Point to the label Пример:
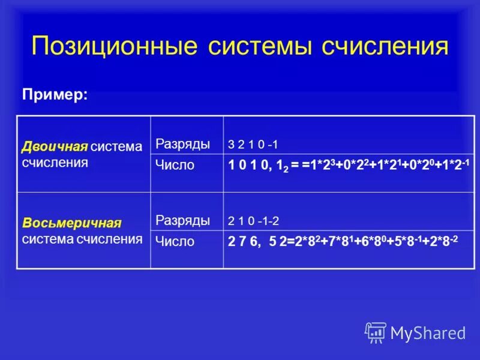coord(55,95)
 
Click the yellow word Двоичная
coord(55,146)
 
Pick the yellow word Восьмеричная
coord(72,223)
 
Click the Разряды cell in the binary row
coord(183,144)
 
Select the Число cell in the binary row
coord(175,165)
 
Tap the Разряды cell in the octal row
coord(183,220)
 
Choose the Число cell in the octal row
coord(175,241)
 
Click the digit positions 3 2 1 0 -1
coord(253,145)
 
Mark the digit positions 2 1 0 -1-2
coord(253,221)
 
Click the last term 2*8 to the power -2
coord(443,241)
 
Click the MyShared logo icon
coord(376,332)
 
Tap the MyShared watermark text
coord(428,333)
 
